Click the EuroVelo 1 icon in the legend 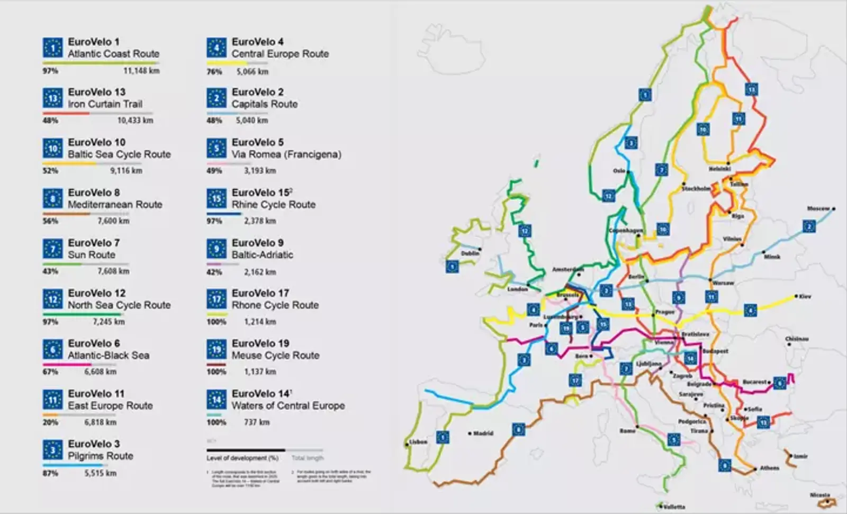pos(52,48)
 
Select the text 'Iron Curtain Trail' pos(105,104)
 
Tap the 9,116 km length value pos(126,171)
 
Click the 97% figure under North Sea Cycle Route pos(50,322)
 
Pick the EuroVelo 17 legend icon pos(217,299)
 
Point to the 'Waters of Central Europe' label pos(288,406)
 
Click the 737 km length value pos(257,422)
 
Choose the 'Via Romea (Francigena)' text pos(286,154)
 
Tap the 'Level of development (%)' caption pos(242,458)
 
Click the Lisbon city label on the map pos(418,442)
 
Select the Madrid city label pos(483,433)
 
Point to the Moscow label pos(818,208)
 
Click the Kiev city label pos(805,297)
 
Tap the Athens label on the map pos(769,468)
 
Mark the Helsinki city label pos(719,169)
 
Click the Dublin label pos(470,253)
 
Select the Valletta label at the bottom pos(674,507)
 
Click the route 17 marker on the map pos(575,380)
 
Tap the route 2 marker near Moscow pos(808,226)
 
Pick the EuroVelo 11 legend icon pos(52,400)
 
